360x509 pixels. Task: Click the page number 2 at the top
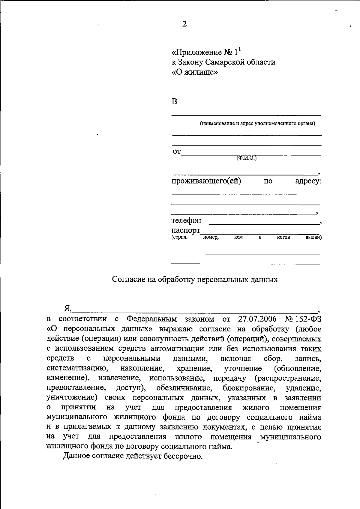[184, 24]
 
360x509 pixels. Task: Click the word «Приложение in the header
[196, 52]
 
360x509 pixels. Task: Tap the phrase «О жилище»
[194, 72]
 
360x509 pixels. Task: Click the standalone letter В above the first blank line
[174, 102]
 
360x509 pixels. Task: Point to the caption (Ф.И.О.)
[247, 158]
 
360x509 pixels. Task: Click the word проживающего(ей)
[206, 181]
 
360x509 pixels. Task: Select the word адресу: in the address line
[308, 181]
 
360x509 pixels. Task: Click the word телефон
[186, 221]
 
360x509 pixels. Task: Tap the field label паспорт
[186, 231]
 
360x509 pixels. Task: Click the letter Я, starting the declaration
[67, 309]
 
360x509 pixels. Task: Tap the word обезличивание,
[184, 388]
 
